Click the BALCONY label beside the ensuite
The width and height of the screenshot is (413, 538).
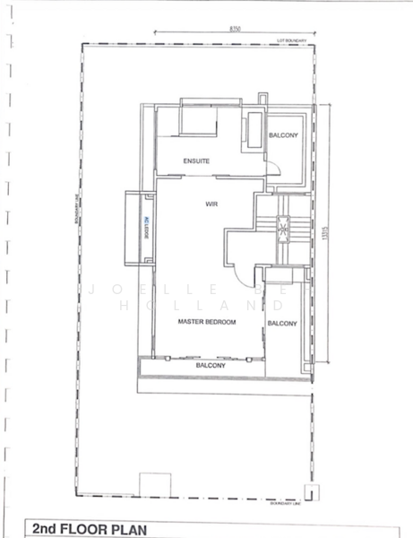tap(283, 135)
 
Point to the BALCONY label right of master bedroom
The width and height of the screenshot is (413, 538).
tap(282, 324)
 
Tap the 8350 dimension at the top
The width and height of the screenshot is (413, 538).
tap(235, 30)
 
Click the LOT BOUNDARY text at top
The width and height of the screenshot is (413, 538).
tap(292, 41)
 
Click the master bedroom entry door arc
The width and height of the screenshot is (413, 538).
tap(242, 262)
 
